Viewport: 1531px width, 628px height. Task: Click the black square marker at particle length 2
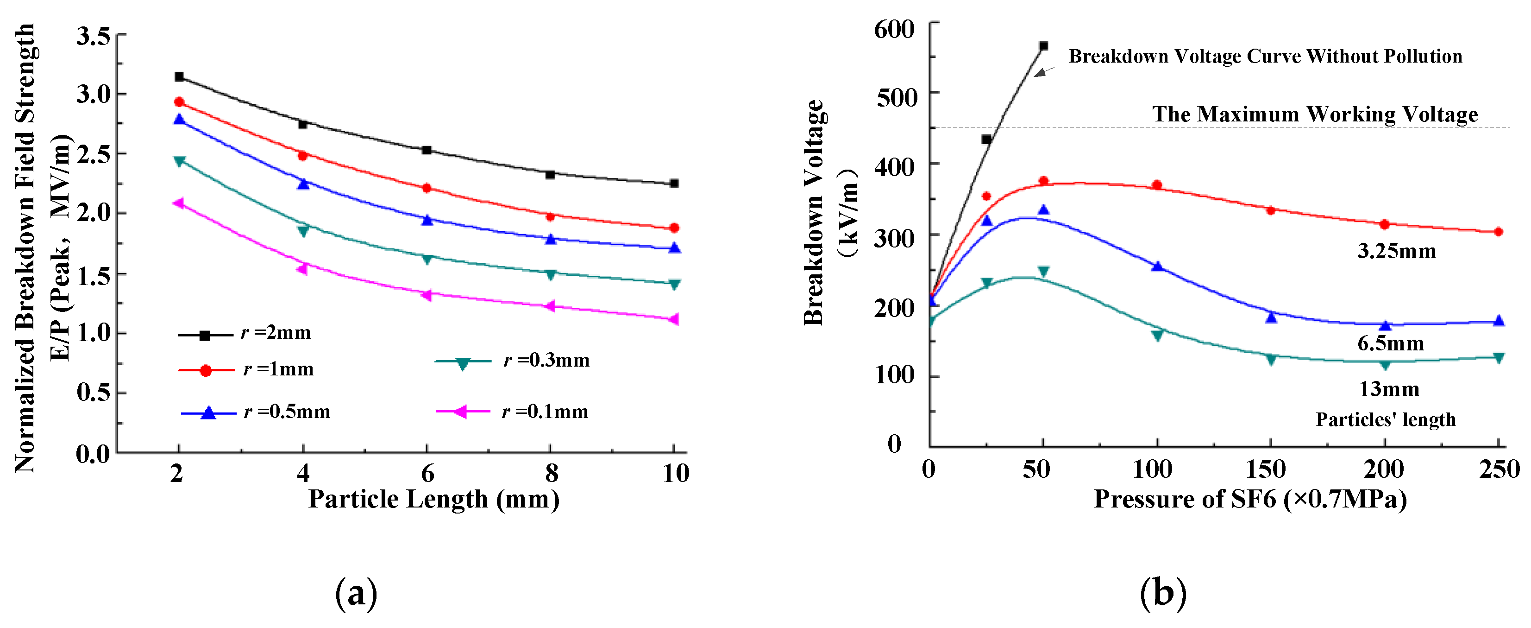point(179,77)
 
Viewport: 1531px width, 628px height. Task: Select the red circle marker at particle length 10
point(674,228)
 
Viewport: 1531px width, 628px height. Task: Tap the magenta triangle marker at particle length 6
point(426,295)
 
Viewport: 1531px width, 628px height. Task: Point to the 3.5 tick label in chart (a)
point(93,37)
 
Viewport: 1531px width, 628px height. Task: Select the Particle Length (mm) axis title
point(434,499)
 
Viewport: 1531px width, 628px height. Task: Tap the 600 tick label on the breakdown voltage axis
point(894,29)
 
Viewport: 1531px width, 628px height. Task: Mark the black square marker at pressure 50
point(1043,46)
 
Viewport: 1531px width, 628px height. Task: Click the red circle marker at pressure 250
point(1498,232)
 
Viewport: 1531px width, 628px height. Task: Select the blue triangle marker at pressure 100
point(1156,266)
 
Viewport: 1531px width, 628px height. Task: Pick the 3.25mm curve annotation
point(1396,252)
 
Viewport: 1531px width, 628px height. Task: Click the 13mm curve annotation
point(1389,389)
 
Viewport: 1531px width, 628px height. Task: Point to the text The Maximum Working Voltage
point(1315,114)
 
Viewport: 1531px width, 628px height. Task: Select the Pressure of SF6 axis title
point(1250,499)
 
